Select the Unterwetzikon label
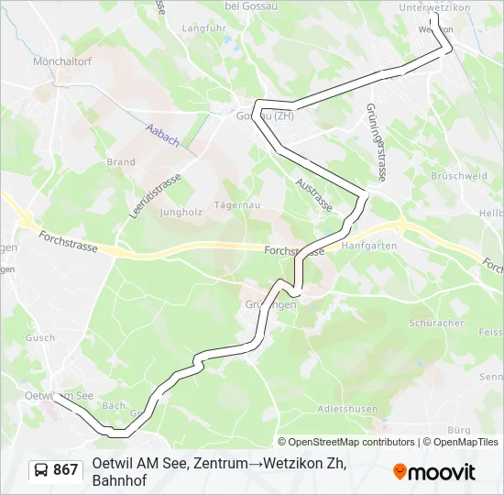click(x=434, y=7)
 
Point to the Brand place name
click(x=121, y=162)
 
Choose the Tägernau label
click(x=233, y=204)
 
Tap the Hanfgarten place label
click(x=368, y=246)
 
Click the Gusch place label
click(x=41, y=337)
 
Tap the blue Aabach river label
click(x=162, y=136)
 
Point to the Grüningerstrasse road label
click(x=376, y=141)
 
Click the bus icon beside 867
click(x=41, y=470)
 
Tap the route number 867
click(x=66, y=470)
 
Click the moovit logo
click(x=434, y=472)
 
